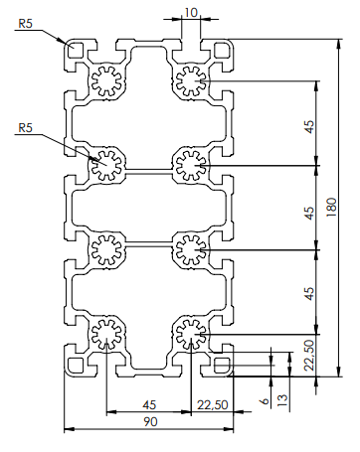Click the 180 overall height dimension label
[x=331, y=208]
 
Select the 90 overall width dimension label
[x=150, y=422]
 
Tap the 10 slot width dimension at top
[x=191, y=13]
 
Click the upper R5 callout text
[x=26, y=24]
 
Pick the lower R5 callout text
[x=26, y=127]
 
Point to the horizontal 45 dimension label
[x=149, y=404]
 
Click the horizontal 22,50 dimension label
[x=213, y=404]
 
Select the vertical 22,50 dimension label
[x=309, y=356]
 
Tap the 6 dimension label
[x=265, y=401]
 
